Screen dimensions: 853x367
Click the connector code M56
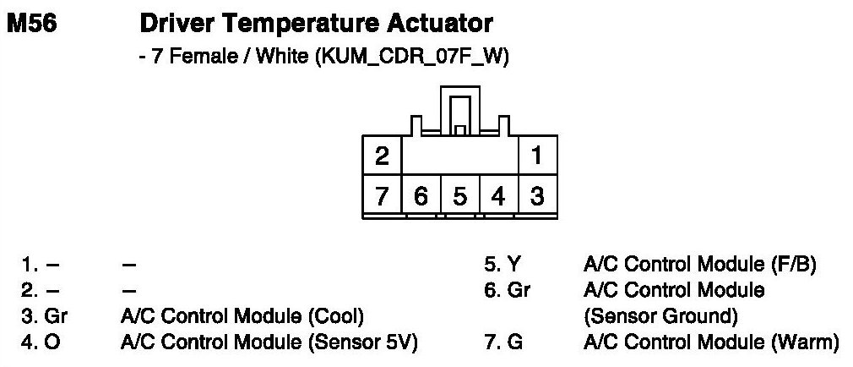pyautogui.click(x=32, y=23)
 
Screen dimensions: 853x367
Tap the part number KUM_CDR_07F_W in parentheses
pyautogui.click(x=413, y=58)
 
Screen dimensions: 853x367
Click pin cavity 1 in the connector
pyautogui.click(x=537, y=156)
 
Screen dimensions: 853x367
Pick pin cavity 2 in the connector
pyautogui.click(x=382, y=156)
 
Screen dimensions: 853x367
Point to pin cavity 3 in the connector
pyautogui.click(x=537, y=197)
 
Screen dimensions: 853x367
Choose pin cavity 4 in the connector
pyautogui.click(x=498, y=197)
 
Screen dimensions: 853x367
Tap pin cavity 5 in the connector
pyautogui.click(x=459, y=197)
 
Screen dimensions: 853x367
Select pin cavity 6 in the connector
pyautogui.click(x=421, y=197)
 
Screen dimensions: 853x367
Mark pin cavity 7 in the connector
pyautogui.click(x=382, y=197)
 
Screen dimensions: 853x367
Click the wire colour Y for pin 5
pyautogui.click(x=513, y=265)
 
